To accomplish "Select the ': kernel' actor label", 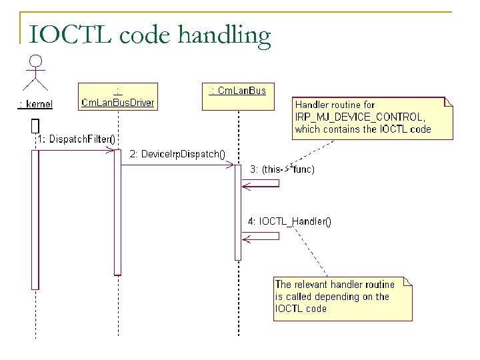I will click(35, 103).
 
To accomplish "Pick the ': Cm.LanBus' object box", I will click(238, 90).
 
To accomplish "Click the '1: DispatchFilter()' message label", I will click(75, 139).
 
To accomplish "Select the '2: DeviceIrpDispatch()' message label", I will click(177, 154).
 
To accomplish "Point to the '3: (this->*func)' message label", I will click(282, 169).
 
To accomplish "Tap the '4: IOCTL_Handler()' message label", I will click(290, 221).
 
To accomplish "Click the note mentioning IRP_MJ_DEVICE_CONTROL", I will click(372, 117).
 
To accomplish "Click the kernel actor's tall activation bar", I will click(35, 220).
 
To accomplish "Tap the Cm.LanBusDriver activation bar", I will click(117, 212).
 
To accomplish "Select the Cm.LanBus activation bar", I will click(238, 212).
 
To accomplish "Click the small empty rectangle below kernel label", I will click(35, 125).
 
